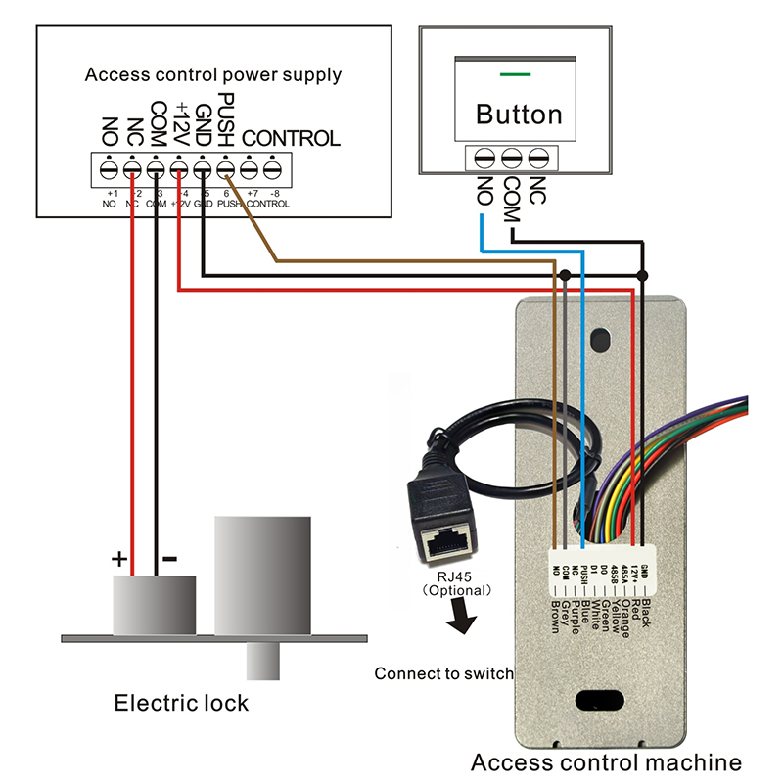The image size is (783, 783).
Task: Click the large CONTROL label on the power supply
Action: coord(291,138)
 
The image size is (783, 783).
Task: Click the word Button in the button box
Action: coord(519,114)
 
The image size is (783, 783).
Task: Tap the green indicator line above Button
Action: coord(515,73)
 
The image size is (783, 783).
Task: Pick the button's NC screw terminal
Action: coord(535,157)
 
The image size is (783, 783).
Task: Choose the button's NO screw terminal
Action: coord(484,157)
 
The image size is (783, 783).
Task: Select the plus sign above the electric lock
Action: coord(119,560)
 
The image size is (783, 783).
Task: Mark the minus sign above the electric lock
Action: coord(168,560)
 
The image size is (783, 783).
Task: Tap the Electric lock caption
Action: coord(181,703)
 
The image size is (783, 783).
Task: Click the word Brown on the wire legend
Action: coord(555,614)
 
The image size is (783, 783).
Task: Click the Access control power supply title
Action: coord(213,74)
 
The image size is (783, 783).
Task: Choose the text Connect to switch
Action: coord(443,673)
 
